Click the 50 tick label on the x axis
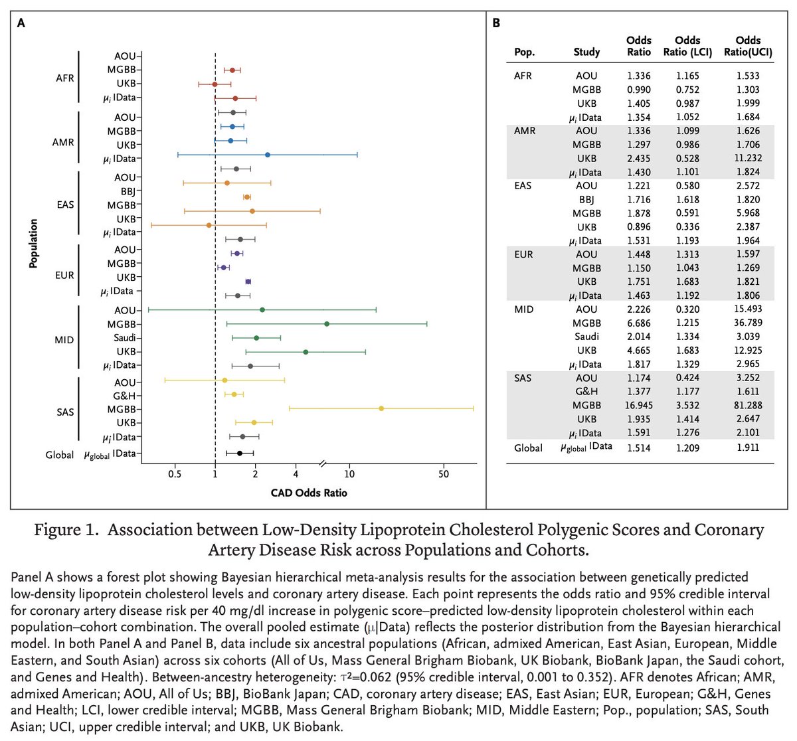pos(444,474)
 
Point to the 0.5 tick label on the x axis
pos(175,474)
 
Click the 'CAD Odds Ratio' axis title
pos(309,493)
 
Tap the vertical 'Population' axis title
pos(33,244)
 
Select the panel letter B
pos(496,23)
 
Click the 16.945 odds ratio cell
pos(639,405)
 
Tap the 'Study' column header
pos(586,52)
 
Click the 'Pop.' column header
pos(524,52)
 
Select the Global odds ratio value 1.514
pos(639,448)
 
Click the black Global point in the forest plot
pos(240,453)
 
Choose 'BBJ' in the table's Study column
pos(586,199)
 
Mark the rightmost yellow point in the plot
pos(381,408)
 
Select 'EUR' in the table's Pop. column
pos(523,254)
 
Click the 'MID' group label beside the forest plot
pos(64,340)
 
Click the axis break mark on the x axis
pos(323,463)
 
